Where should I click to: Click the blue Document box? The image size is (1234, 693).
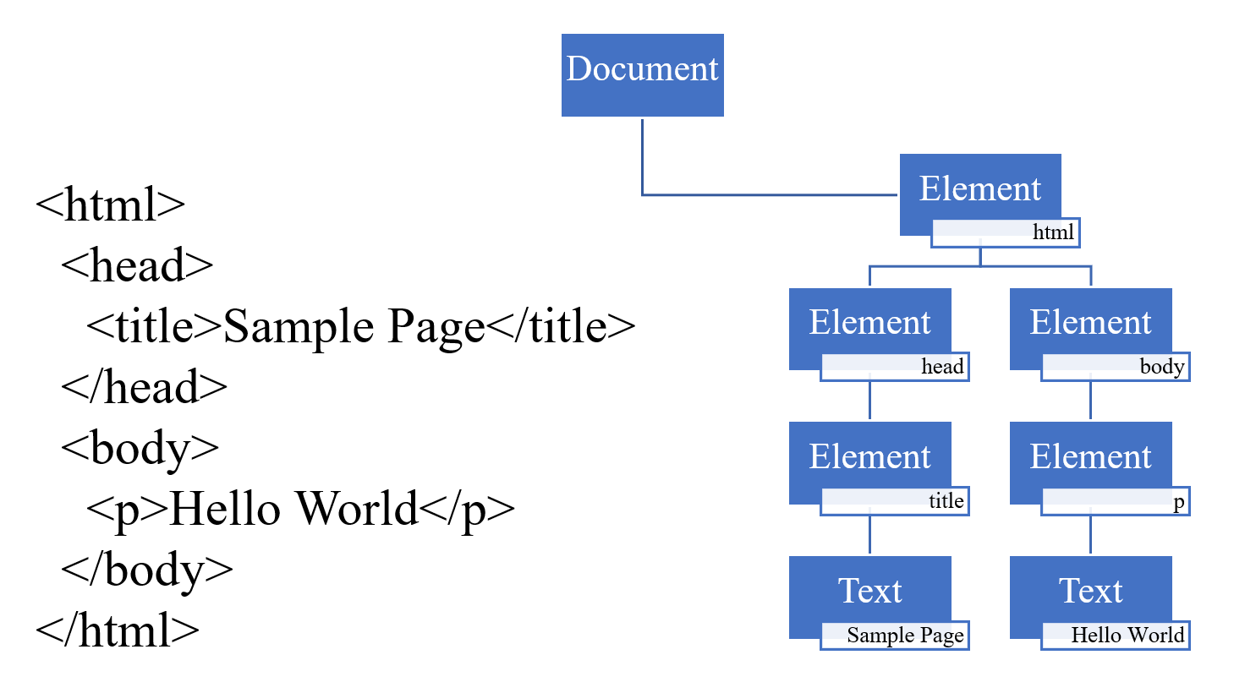[x=642, y=74]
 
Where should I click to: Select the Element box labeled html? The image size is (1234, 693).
[x=979, y=188]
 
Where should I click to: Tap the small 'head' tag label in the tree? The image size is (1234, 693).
[x=942, y=366]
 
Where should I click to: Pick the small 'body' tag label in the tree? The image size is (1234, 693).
[x=1161, y=366]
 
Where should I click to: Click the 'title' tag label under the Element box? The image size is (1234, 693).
[x=946, y=500]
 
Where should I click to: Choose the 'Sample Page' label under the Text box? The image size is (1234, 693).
[x=904, y=635]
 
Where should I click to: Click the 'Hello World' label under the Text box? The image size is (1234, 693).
[x=1127, y=635]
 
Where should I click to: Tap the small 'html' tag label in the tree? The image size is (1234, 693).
[x=1053, y=232]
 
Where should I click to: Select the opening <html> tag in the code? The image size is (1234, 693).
[x=110, y=205]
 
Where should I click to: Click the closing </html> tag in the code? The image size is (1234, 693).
[x=118, y=630]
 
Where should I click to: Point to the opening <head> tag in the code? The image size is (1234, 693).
[x=137, y=265]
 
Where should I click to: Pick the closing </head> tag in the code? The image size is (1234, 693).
[x=144, y=387]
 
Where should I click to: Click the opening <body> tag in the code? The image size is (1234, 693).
[x=140, y=448]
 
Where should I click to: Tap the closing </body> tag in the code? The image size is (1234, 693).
[x=147, y=570]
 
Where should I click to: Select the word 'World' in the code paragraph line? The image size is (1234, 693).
[x=357, y=509]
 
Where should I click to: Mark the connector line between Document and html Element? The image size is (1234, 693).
[x=761, y=194]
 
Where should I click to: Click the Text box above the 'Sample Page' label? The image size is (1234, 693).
[x=869, y=591]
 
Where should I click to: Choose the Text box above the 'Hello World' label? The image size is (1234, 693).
[x=1090, y=591]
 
